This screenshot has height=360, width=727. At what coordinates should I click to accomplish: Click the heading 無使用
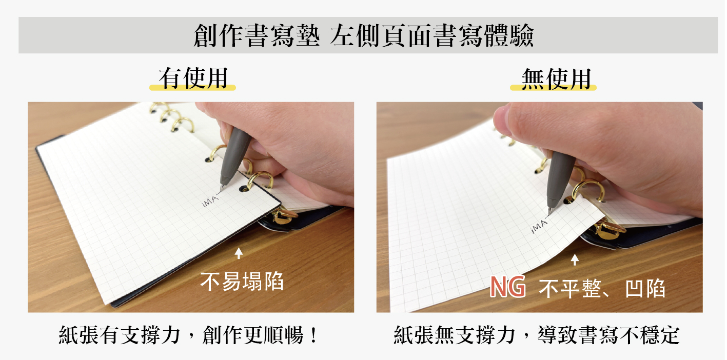[x=556, y=79]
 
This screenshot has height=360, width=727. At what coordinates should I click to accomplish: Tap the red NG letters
[x=507, y=287]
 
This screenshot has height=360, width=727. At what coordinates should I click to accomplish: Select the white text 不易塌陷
[x=242, y=281]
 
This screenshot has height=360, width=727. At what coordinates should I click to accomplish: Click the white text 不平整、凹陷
[x=602, y=288]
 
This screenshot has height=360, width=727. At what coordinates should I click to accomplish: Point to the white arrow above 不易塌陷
[x=239, y=253]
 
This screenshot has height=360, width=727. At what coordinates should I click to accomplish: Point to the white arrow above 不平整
[x=575, y=260]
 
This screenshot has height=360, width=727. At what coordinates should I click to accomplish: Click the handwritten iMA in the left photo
[x=210, y=201]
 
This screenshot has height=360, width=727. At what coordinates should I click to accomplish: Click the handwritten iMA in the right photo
[x=539, y=226]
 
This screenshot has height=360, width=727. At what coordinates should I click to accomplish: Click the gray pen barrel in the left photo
[x=235, y=156]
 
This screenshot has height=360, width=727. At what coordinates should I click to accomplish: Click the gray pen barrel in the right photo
[x=559, y=178]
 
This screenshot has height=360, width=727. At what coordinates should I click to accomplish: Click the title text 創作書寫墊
[x=257, y=35]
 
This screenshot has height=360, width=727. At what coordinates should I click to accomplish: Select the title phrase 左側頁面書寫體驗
[x=432, y=35]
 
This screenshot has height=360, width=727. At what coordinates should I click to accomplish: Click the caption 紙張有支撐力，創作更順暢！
[x=188, y=335]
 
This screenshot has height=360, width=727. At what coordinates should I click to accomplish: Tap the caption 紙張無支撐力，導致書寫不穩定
[x=537, y=335]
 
